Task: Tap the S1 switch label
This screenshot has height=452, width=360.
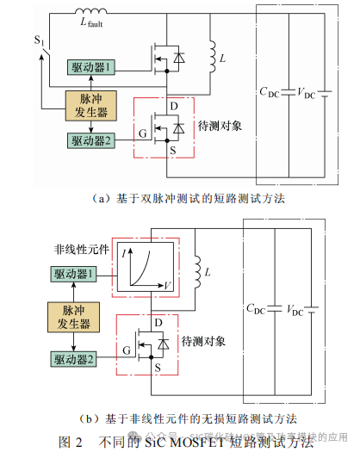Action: click(38, 40)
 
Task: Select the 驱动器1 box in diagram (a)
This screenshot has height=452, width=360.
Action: click(91, 68)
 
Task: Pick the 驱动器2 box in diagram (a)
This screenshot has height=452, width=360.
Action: click(91, 139)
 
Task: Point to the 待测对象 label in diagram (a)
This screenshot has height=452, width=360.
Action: click(222, 125)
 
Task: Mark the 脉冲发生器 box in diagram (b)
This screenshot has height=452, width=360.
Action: click(71, 316)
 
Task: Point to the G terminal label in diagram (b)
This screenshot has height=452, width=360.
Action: click(127, 351)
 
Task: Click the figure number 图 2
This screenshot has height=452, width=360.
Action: click(70, 441)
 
